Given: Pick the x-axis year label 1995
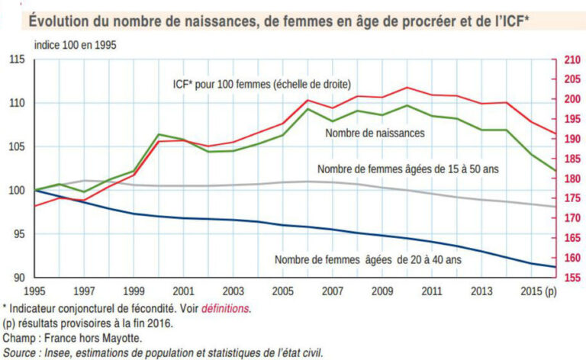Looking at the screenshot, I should click(35, 291).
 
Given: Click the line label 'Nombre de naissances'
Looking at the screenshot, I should click(375, 133).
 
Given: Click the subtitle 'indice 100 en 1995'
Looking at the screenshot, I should click(76, 43).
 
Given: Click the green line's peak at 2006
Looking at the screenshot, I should click(308, 109).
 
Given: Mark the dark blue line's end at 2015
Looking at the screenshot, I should click(554, 266).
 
